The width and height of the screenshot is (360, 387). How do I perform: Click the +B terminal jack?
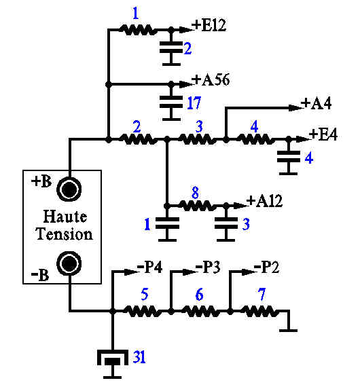[69, 189]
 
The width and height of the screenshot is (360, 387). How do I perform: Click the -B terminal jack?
[69, 263]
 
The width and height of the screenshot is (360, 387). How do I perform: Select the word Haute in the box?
[65, 217]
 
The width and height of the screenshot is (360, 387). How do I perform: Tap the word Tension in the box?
[64, 234]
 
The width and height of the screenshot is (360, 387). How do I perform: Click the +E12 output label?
[209, 25]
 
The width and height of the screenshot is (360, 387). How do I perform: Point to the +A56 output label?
[211, 79]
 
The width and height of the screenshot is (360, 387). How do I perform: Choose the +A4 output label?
[317, 103]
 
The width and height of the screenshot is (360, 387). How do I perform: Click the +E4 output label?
[323, 134]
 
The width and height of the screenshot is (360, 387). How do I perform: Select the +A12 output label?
[264, 201]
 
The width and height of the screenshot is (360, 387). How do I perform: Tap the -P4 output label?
[149, 267]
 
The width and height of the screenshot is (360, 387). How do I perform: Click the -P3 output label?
[208, 267]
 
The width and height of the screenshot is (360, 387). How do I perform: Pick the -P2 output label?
[267, 267]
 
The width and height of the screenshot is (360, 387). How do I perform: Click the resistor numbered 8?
[197, 206]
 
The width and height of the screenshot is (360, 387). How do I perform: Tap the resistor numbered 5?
[142, 311]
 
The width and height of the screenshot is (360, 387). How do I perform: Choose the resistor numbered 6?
[200, 311]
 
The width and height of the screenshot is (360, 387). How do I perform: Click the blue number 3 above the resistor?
[199, 126]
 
